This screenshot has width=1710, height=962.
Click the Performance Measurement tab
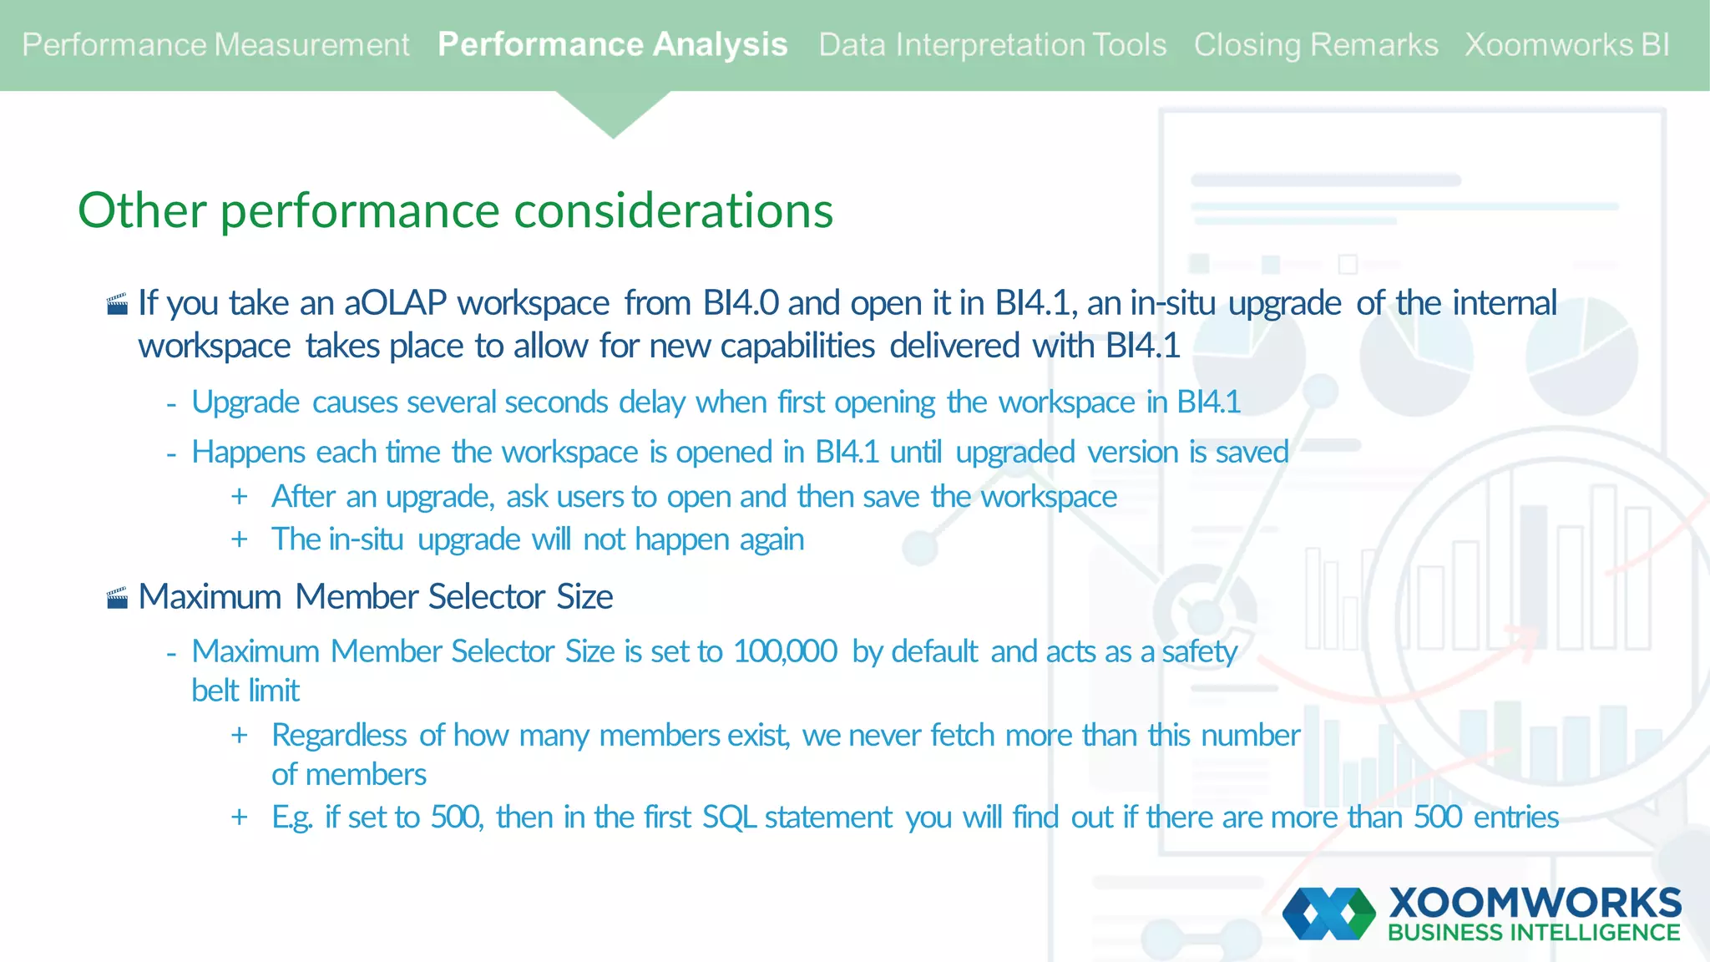point(215,44)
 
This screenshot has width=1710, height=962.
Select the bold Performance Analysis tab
point(612,44)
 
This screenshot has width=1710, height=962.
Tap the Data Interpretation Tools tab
point(992,44)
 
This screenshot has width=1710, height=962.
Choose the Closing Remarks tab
point(1315,44)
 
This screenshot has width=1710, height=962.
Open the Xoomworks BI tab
point(1567,44)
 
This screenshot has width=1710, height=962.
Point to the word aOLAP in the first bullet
point(395,303)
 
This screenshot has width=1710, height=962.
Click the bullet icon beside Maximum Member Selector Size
point(118,598)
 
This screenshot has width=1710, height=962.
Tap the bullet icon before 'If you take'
point(118,304)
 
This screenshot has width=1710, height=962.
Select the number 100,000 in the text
point(785,651)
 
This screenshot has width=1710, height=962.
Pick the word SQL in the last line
point(729,817)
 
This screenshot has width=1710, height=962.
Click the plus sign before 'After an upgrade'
point(240,497)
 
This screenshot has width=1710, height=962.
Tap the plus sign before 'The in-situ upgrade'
point(240,539)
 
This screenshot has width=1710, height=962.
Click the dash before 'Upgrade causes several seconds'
point(171,404)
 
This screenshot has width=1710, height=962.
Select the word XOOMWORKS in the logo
point(1535,904)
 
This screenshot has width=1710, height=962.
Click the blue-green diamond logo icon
point(1328,914)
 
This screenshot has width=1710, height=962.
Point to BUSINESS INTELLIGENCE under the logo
point(1534,933)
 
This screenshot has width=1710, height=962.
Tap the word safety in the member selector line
point(1199,651)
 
